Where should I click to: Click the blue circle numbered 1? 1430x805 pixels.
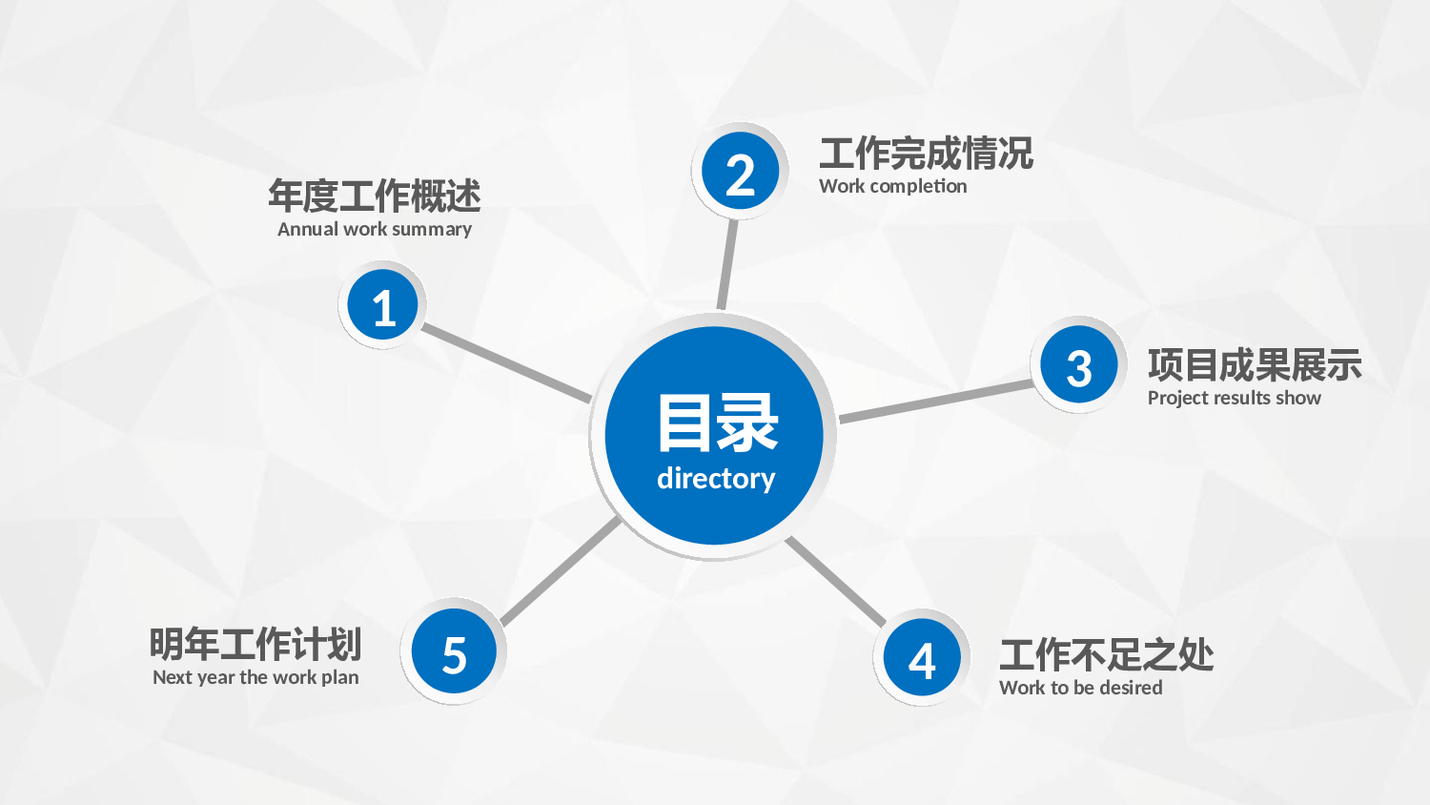click(382, 305)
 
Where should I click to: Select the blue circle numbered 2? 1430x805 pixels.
click(740, 171)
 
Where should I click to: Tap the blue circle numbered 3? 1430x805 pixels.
click(1079, 364)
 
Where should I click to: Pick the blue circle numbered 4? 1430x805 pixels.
click(922, 657)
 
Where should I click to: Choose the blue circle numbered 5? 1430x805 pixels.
click(454, 651)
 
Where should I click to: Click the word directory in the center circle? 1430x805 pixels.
click(716, 479)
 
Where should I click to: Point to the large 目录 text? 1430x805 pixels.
click(718, 423)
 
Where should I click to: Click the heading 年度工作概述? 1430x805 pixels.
click(374, 196)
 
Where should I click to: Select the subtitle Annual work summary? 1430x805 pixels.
click(375, 229)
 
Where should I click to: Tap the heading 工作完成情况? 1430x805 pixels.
click(926, 154)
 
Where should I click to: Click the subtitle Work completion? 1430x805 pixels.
click(892, 186)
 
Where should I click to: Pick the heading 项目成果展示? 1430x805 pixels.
click(1255, 364)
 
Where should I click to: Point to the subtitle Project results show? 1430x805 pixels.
click(1234, 398)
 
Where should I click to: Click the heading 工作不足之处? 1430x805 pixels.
click(1106, 655)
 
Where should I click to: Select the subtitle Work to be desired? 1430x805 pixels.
click(1080, 688)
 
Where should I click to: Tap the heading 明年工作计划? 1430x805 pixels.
click(255, 644)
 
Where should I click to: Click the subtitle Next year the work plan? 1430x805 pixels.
click(255, 677)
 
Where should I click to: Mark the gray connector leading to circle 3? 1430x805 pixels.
click(935, 402)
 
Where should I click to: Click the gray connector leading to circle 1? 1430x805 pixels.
click(506, 362)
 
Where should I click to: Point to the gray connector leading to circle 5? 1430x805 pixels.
click(561, 571)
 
